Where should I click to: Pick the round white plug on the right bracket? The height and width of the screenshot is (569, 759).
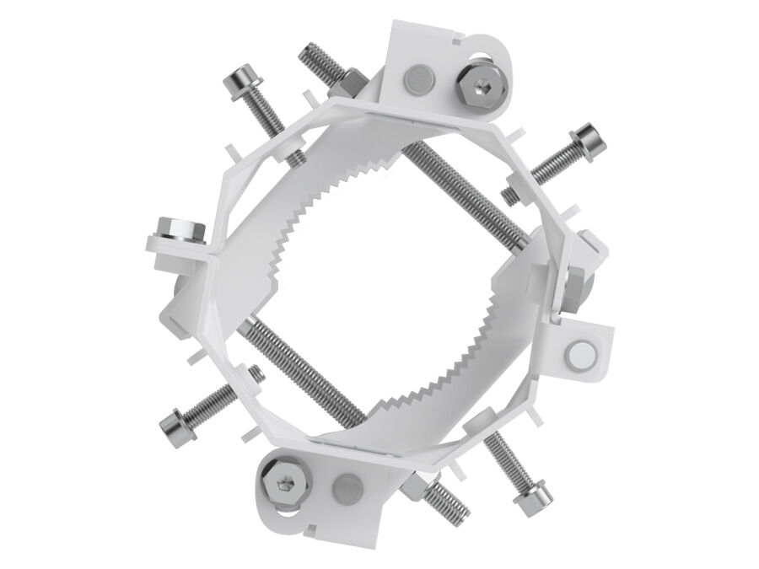[583, 354]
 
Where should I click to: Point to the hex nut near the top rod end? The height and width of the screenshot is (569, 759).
[350, 85]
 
